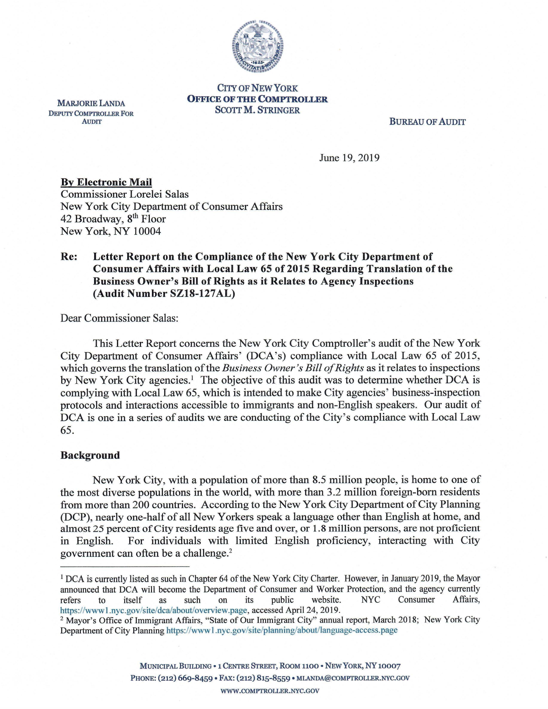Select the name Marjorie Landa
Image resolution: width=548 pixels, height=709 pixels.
tap(91, 103)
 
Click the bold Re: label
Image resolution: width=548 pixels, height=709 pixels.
tap(69, 257)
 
